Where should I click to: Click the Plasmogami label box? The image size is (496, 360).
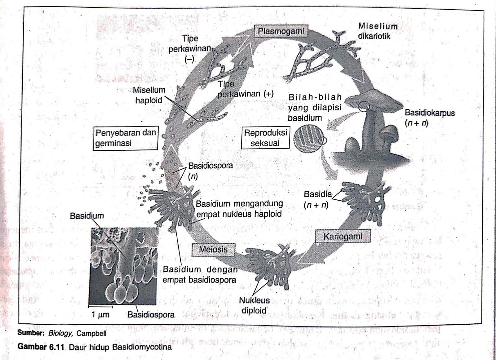[281, 31]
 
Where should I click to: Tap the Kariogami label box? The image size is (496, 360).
[343, 237]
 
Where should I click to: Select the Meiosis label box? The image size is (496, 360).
[213, 249]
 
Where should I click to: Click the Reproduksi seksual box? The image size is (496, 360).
[265, 138]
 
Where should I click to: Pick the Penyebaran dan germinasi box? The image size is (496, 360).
[126, 138]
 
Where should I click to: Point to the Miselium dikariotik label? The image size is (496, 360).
[377, 31]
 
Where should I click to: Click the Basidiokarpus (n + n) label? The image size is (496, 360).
[429, 118]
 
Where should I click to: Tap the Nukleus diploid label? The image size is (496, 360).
[254, 305]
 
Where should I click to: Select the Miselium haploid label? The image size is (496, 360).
[149, 95]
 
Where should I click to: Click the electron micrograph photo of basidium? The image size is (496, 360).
[123, 266]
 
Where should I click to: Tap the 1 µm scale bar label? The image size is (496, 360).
[100, 314]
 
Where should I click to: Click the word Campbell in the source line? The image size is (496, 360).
[91, 333]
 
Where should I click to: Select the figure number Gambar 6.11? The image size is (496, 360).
[41, 346]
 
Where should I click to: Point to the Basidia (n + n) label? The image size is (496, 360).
[317, 199]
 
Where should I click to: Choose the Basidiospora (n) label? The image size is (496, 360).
[210, 171]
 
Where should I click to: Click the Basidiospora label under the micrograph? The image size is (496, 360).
[151, 315]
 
